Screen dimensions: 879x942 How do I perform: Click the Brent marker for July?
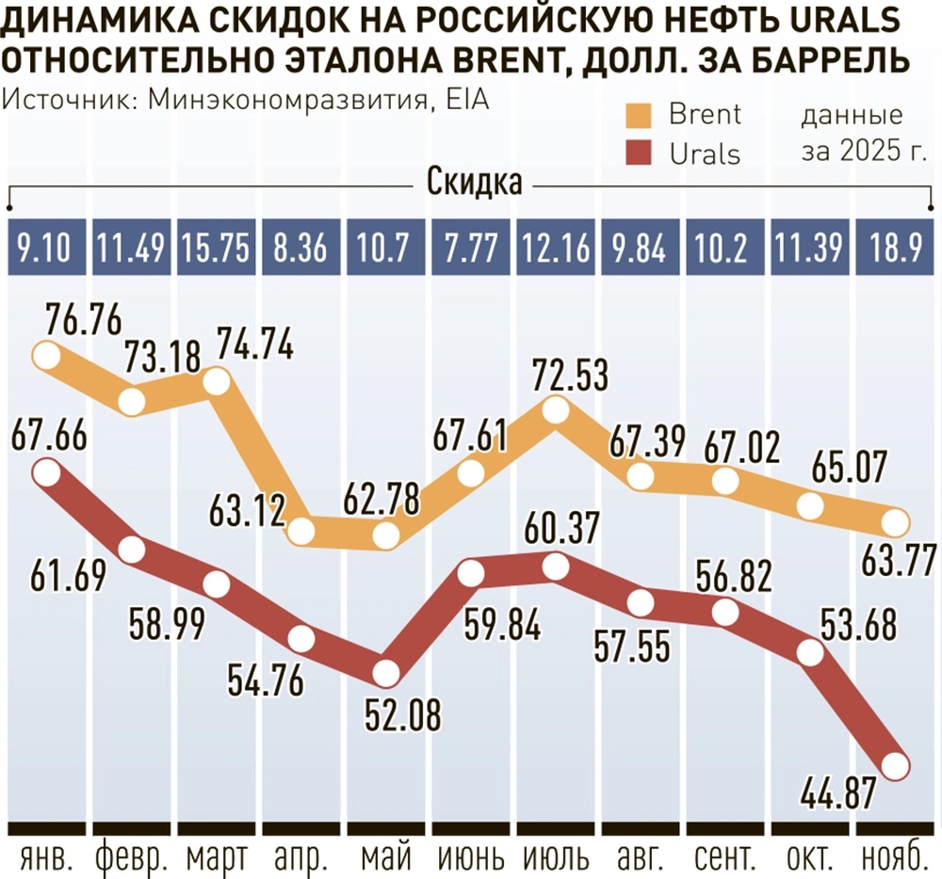click(x=555, y=411)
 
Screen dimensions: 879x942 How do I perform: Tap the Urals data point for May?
click(x=385, y=673)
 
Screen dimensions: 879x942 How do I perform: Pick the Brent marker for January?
click(x=46, y=355)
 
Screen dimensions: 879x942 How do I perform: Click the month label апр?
click(x=300, y=858)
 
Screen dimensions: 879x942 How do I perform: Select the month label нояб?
click(x=896, y=858)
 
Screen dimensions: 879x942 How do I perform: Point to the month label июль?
click(x=554, y=858)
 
